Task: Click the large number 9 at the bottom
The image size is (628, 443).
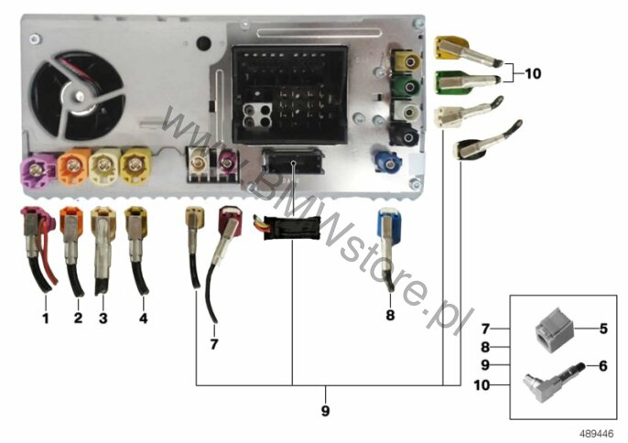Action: [324, 411]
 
